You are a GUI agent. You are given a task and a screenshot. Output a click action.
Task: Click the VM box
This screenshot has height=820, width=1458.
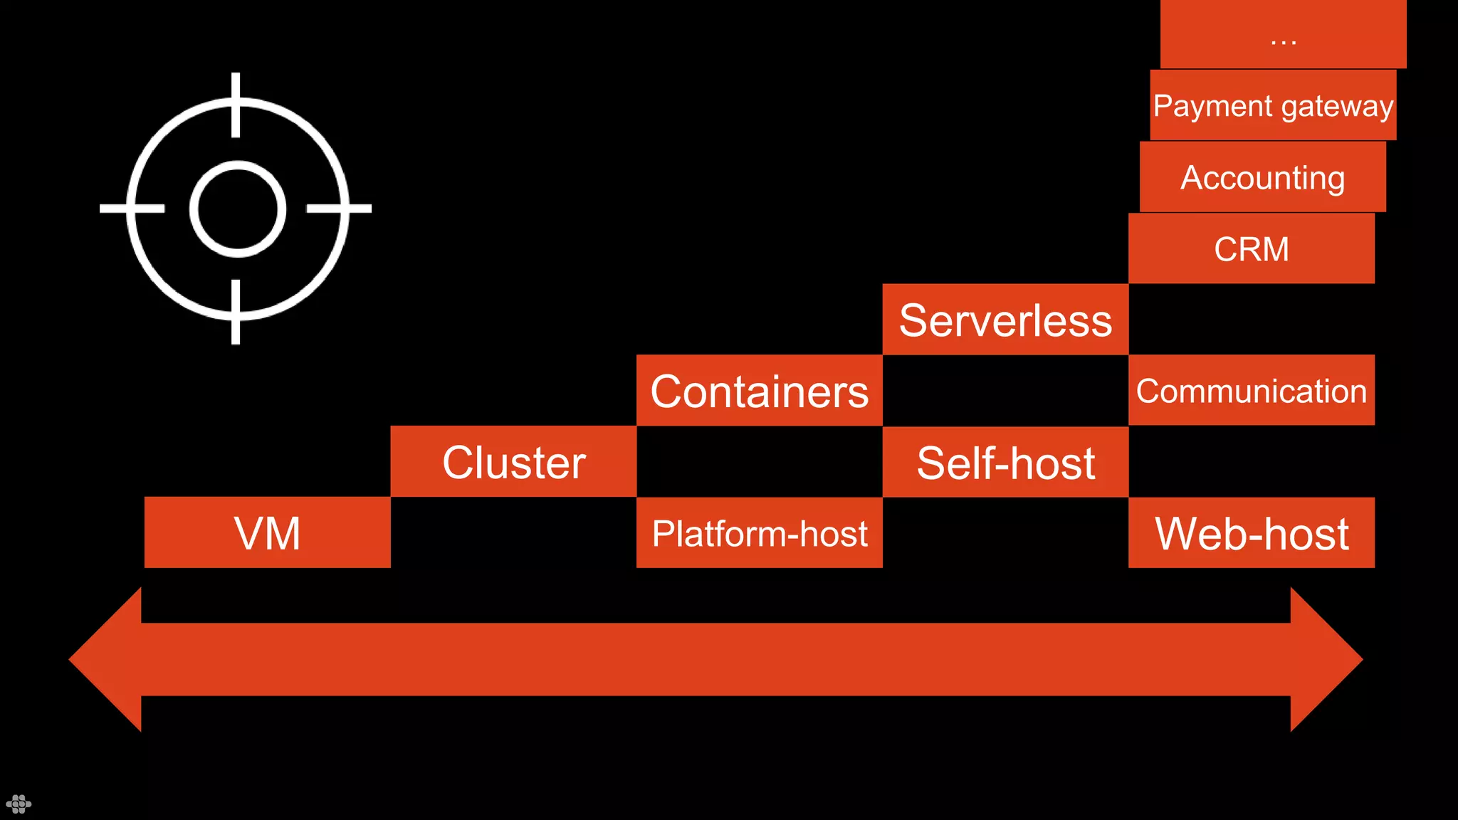267,532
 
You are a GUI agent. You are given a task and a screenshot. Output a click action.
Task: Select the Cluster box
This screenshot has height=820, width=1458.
513,461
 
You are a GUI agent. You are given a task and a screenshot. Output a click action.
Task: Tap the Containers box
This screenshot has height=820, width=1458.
759,390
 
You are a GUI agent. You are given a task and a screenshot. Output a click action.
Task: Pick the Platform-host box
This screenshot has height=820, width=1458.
759,532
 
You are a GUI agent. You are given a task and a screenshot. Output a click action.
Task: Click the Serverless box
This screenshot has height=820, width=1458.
1005,319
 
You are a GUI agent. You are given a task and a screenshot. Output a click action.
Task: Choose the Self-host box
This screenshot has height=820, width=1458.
1005,461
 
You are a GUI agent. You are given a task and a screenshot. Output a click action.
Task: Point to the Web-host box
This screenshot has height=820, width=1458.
1251,532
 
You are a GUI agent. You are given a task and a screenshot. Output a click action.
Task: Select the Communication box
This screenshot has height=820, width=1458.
1251,390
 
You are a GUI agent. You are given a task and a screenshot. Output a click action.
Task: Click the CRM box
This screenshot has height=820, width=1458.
1251,248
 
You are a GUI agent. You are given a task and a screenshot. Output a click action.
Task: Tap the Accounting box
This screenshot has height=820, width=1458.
1262,177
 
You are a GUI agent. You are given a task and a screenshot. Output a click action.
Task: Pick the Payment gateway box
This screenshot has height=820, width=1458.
1273,105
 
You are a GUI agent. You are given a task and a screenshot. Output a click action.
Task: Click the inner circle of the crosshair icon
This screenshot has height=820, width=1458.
237,209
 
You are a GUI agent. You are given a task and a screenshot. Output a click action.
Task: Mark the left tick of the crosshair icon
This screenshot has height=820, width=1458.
132,209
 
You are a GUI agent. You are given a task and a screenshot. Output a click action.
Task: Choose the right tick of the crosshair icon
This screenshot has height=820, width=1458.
339,209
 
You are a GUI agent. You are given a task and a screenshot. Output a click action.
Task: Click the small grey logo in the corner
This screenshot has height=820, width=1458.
19,804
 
